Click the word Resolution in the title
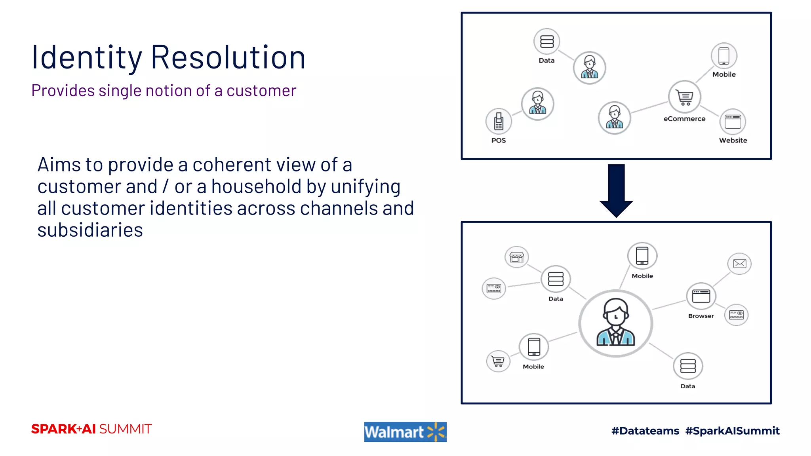pos(228,57)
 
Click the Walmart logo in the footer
pos(405,432)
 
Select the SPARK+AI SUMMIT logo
pos(91,429)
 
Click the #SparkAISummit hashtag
pos(732,431)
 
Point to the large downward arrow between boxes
pos(616,190)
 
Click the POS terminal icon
pos(499,121)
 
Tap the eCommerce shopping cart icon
pos(684,97)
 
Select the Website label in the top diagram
pos(733,141)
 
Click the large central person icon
pos(616,323)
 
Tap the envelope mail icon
pos(739,264)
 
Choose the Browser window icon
pos(701,296)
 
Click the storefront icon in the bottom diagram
pos(516,257)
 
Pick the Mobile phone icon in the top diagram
pos(723,56)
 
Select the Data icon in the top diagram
pos(547,41)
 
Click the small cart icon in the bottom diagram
pos(498,361)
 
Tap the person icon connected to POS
pos(537,104)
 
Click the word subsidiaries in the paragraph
pos(90,230)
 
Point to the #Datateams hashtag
pos(645,431)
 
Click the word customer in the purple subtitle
pos(261,91)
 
